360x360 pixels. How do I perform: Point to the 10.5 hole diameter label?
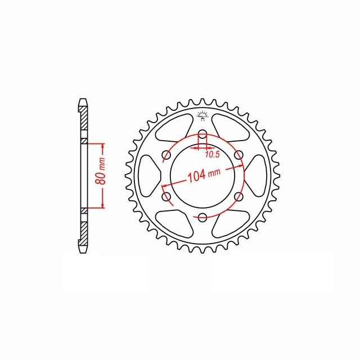tap(212, 154)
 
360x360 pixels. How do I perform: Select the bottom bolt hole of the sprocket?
tap(202, 217)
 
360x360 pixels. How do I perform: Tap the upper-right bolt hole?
tap(238, 155)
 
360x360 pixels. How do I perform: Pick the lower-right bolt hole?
tap(238, 196)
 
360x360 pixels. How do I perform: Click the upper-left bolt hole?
tap(166, 155)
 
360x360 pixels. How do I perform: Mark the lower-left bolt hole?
tap(166, 196)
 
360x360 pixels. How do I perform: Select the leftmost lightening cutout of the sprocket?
tap(151, 175)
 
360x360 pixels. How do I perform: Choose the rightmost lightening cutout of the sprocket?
tap(254, 175)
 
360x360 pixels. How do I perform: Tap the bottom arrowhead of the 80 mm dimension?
tap(103, 205)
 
